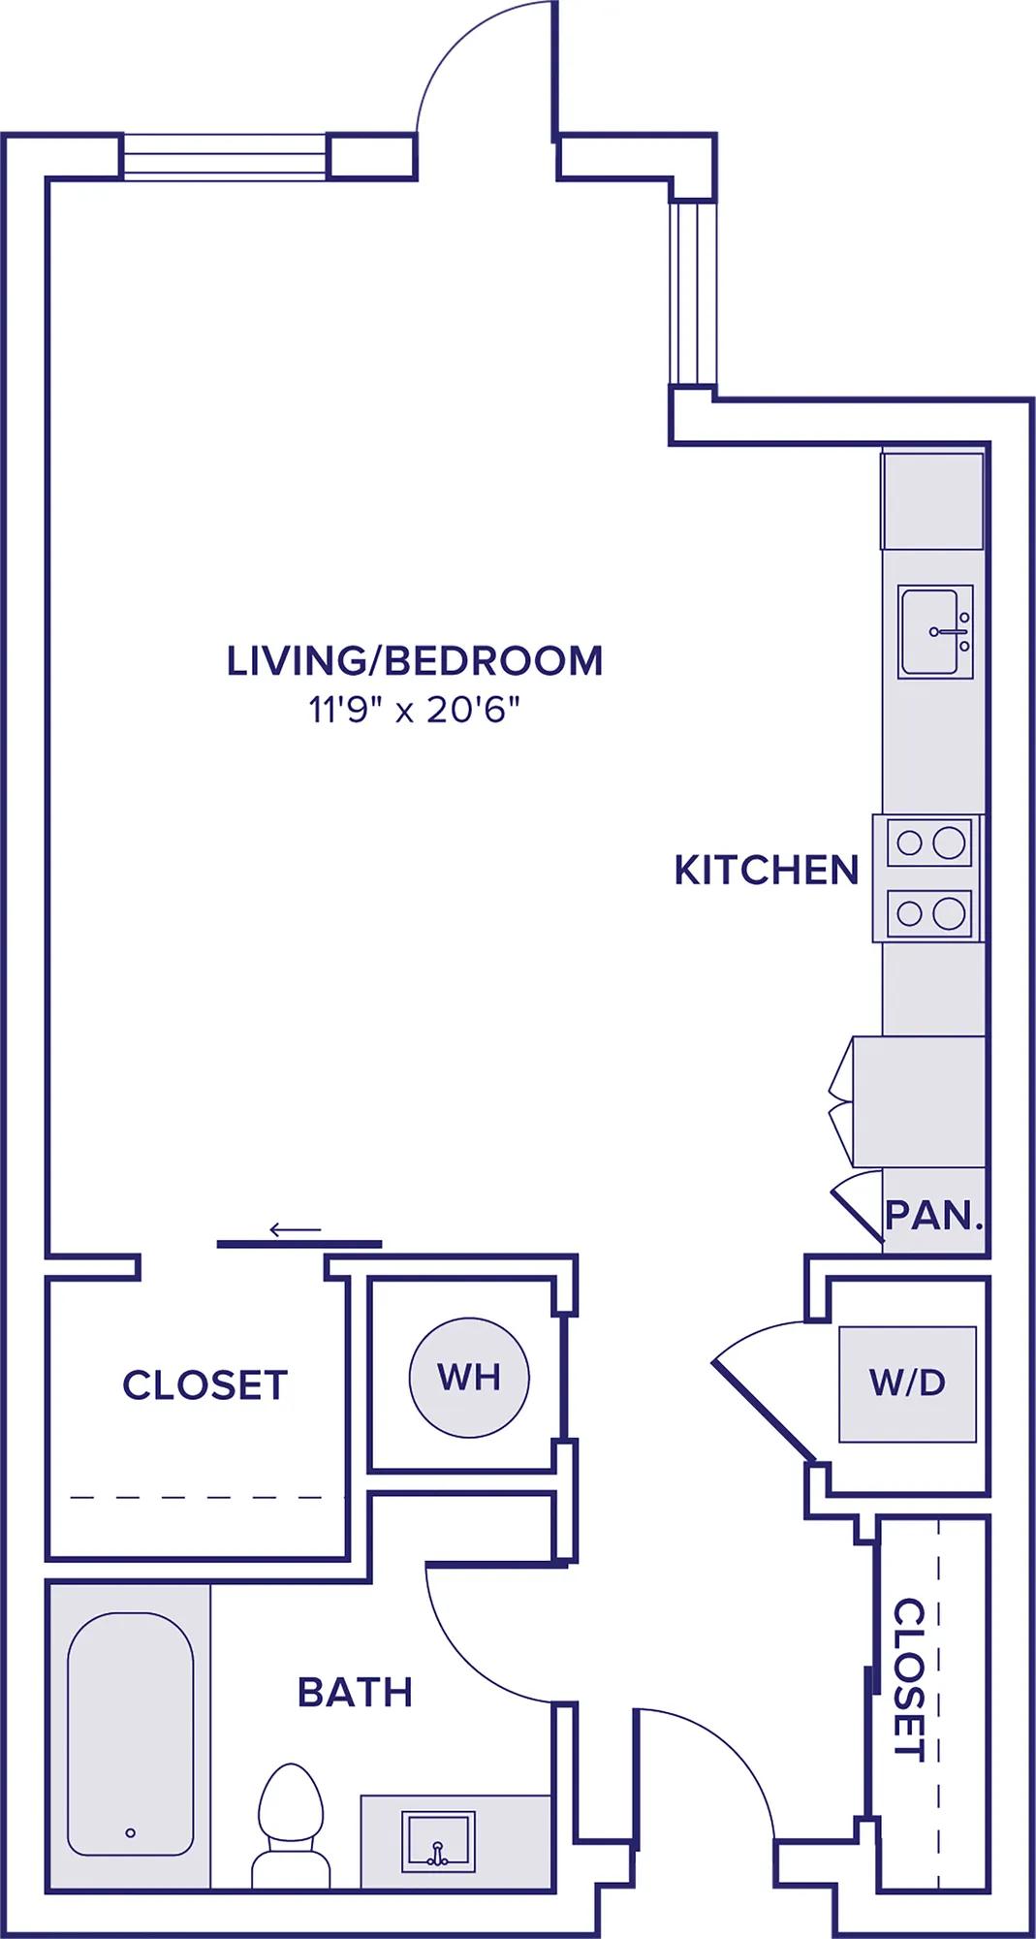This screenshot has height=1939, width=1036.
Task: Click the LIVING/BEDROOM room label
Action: coord(415,660)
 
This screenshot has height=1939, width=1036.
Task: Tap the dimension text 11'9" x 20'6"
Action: coord(415,712)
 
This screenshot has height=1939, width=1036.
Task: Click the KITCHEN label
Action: coord(767,871)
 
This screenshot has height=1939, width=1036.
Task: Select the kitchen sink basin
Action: coord(935,631)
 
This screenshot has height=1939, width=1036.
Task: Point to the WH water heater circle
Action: coord(469,1377)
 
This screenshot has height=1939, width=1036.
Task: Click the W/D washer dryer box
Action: coord(907,1383)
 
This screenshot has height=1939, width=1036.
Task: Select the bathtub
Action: coord(130,1734)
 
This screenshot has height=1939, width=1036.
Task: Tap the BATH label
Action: coord(355,1693)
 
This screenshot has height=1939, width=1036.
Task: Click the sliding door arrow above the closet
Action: coord(295,1230)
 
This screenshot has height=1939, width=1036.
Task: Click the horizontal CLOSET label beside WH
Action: coord(204,1385)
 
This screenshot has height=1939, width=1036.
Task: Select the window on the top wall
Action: coord(228,156)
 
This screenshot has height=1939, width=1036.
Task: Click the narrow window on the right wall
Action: coord(693,293)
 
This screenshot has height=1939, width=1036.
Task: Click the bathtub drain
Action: coord(130,1832)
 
